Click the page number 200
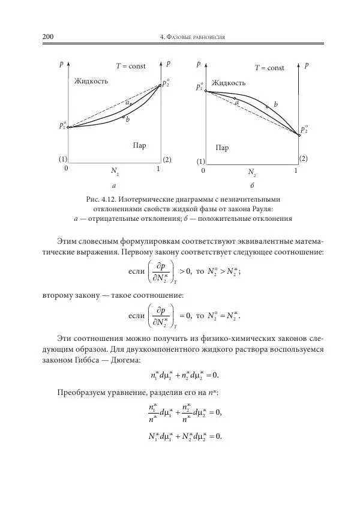(48, 37)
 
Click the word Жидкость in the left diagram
(91, 80)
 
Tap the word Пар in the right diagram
(222, 148)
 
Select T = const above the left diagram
(131, 65)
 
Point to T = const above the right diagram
(269, 68)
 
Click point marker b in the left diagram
(124, 117)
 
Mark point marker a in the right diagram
(235, 98)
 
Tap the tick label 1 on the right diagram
(296, 172)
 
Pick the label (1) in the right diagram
(200, 161)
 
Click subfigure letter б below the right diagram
(253, 187)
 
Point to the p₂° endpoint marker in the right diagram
(299, 136)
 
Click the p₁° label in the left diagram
(62, 125)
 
